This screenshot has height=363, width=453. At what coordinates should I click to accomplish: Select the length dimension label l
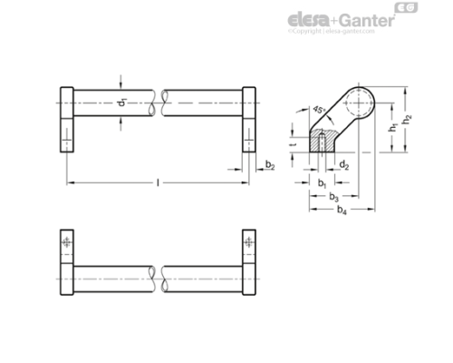(x=159, y=181)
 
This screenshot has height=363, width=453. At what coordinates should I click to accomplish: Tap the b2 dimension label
(x=270, y=164)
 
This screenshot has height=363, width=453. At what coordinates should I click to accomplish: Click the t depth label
(x=293, y=142)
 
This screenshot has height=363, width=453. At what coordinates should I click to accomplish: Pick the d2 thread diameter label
(x=345, y=164)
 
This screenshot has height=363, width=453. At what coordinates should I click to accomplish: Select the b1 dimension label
(x=322, y=182)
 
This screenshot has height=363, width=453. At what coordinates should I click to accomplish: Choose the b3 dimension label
(x=333, y=196)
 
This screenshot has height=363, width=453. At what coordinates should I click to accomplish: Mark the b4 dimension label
(x=341, y=211)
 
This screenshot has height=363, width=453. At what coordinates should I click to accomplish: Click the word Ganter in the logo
(x=363, y=19)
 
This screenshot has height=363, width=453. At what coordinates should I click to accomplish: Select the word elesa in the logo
(x=309, y=19)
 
